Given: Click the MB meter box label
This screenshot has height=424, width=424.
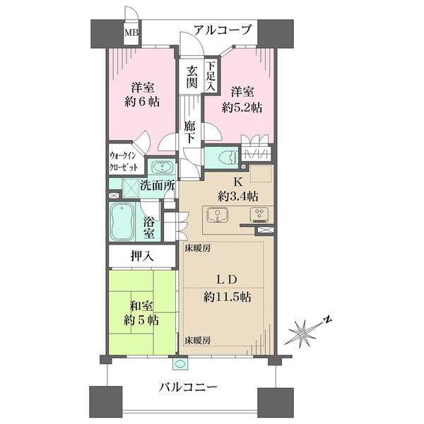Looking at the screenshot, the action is point(131,33).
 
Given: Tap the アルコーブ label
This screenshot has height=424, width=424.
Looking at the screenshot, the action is point(223,30).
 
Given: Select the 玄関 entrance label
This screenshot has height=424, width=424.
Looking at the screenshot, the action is point(192,77).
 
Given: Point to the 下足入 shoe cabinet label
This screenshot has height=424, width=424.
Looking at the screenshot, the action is point(211,76).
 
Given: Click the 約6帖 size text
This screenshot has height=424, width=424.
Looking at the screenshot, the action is point(142,102).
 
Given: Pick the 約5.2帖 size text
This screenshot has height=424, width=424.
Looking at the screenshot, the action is point(242,108).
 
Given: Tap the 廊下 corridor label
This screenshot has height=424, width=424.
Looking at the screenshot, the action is point(190,131).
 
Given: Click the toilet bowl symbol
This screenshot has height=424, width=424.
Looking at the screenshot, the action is point(228,158).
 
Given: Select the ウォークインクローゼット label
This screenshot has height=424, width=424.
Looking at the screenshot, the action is point(123,163).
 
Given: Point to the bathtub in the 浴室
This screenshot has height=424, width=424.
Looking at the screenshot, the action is point(123,222).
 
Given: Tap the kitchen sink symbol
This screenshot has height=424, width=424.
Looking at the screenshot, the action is point(218,215).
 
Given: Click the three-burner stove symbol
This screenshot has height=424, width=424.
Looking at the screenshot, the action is point(259,214).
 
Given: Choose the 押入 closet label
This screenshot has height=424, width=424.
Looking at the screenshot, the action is point(142,256).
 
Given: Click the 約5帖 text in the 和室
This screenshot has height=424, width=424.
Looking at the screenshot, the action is point(141,320).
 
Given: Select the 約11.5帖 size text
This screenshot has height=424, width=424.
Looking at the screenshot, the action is point(228,298).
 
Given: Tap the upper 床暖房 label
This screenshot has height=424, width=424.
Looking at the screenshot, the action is point(198,248).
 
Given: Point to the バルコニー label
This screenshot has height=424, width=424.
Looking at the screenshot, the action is point(188,388).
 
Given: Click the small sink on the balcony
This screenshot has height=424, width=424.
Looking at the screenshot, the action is point(179,364).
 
